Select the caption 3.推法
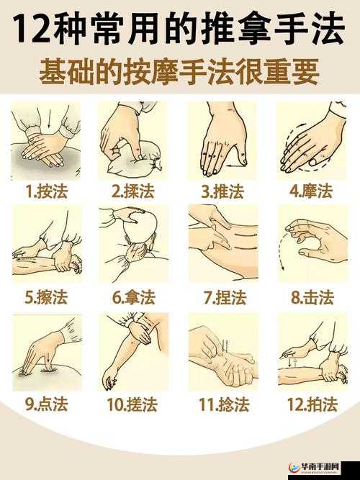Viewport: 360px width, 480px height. [222, 191]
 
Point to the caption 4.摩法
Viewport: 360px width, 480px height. [311, 191]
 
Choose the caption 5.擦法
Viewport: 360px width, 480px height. [46, 297]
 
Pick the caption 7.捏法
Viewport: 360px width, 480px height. [222, 297]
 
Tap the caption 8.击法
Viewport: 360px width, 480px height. [311, 297]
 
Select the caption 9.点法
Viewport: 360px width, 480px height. [46, 404]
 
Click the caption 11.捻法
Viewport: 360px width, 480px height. [222, 404]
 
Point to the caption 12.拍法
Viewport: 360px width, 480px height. [311, 404]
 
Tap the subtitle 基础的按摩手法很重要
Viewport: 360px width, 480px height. [179, 73]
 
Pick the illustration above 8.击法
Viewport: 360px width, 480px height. [311, 243]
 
